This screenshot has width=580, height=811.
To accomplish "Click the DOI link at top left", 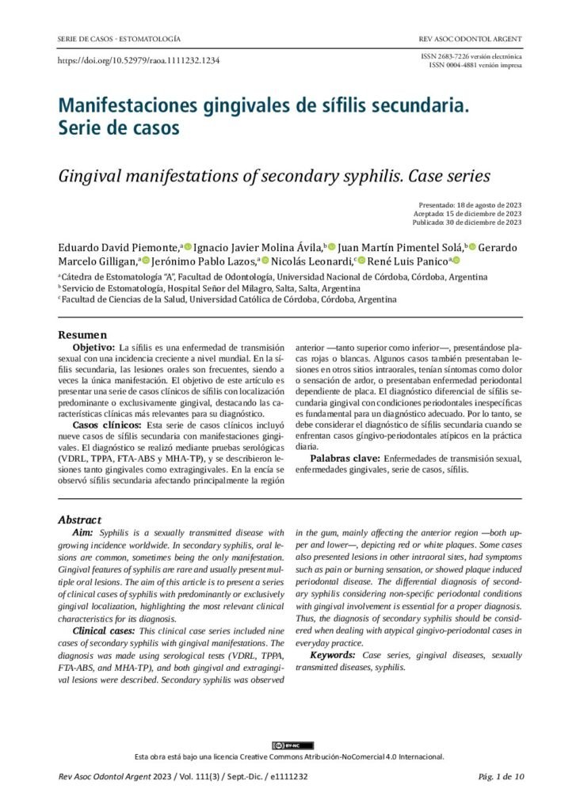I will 139,61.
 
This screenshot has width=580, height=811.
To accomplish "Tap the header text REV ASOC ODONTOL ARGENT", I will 470,39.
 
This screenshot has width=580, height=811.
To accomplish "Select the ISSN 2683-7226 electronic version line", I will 474,57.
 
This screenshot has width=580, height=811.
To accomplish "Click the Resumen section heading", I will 82,335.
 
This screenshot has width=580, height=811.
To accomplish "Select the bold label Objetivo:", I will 94,348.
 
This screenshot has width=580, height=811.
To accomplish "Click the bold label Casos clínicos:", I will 102,425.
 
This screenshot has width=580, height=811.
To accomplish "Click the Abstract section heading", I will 79,520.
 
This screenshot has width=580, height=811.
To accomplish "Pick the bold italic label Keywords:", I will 333,656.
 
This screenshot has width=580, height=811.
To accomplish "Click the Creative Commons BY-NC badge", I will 292,745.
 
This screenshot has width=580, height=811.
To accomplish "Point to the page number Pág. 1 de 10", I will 501,777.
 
